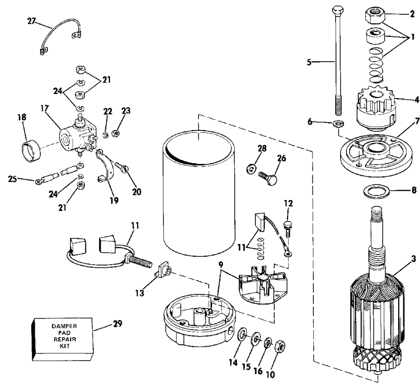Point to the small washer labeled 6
pyautogui.click(x=339, y=124)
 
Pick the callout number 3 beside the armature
pyautogui.click(x=414, y=259)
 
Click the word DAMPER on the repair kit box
pyautogui.click(x=60, y=326)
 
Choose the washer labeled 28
pyautogui.click(x=251, y=169)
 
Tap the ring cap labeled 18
pyautogui.click(x=31, y=152)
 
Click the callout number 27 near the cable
pyautogui.click(x=31, y=21)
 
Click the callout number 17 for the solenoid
pyautogui.click(x=45, y=108)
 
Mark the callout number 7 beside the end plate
pyautogui.click(x=417, y=121)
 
